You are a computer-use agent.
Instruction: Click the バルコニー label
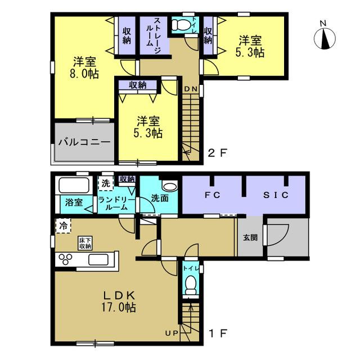[84, 142]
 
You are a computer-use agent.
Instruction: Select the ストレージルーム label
[154, 35]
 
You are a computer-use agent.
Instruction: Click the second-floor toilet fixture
[181, 24]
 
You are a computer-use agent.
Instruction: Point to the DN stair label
[191, 89]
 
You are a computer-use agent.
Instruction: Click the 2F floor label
[218, 153]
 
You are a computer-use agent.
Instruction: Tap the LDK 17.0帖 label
[119, 301]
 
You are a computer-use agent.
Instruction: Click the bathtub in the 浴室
[74, 185]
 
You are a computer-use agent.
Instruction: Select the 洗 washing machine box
[106, 183]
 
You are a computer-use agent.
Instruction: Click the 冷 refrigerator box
[64, 226]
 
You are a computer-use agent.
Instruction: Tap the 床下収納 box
[85, 244]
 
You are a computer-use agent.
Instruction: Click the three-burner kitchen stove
[65, 259]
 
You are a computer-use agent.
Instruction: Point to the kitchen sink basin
[98, 260]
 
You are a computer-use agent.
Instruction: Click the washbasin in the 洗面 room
[170, 186]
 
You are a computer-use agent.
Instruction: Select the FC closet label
[213, 195]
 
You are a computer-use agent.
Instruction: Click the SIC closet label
[276, 195]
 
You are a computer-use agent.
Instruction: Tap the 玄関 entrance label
[250, 237]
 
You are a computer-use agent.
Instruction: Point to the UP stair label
[172, 333]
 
